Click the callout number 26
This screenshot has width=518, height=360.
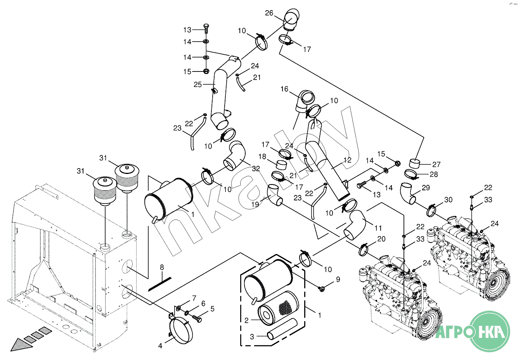(x=269, y=13)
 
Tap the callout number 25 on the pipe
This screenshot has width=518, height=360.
(x=198, y=84)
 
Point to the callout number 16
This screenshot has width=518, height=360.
(x=284, y=89)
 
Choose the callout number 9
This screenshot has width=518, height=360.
(x=338, y=279)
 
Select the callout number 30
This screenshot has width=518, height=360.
(x=448, y=200)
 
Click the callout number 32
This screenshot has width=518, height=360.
(x=256, y=169)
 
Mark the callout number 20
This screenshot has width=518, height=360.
(x=381, y=239)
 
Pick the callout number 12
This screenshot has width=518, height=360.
(x=347, y=160)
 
